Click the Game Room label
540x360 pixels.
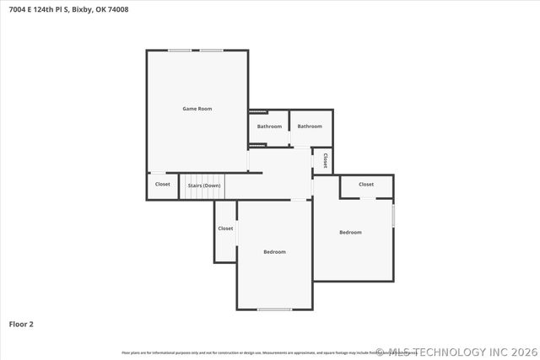point(197,109)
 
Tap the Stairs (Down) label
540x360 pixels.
point(203,185)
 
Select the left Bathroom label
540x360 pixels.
point(269,126)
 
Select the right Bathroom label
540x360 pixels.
point(310,126)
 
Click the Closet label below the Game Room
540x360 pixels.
point(163,184)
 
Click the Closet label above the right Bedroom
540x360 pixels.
point(366,184)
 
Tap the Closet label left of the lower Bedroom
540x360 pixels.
point(225,228)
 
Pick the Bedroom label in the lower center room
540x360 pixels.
point(274,252)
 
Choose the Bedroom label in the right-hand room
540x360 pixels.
point(350,233)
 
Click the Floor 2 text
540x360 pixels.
point(21,324)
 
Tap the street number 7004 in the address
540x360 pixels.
point(17,10)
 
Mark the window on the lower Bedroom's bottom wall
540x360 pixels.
point(274,309)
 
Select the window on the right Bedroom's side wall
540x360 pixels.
point(393,214)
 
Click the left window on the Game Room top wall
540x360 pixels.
point(179,51)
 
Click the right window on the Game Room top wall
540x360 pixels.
point(211,51)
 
